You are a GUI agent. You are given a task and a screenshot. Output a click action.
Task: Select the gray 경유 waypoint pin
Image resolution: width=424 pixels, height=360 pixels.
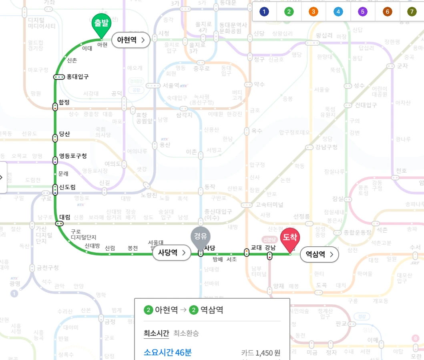pos(200,237)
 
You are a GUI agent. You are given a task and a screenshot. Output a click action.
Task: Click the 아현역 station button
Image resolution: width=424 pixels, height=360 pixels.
pos(131,40)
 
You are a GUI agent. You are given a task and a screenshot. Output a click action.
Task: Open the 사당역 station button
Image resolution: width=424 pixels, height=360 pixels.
pos(171,253)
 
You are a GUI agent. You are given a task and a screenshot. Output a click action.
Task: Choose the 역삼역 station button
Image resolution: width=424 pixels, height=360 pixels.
pos(319,253)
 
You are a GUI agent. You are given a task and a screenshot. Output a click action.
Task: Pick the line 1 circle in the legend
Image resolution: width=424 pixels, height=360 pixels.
pos(264,12)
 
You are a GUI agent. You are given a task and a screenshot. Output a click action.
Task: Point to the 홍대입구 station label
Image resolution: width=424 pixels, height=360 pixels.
pos(78,76)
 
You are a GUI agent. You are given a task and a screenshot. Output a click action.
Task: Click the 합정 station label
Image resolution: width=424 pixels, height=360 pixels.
pos(64,103)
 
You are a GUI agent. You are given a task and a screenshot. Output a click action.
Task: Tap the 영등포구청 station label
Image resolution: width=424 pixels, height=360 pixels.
pos(73,156)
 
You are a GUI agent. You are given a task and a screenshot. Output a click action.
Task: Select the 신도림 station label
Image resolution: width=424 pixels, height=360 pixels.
pos(67,187)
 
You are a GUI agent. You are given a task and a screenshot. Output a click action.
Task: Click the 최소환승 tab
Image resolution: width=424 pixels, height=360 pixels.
pos(186,333)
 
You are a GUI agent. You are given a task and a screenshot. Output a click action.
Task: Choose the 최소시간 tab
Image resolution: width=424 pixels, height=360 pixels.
pos(156,333)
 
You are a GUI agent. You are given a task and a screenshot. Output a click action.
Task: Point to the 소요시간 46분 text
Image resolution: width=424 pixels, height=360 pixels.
pos(168,352)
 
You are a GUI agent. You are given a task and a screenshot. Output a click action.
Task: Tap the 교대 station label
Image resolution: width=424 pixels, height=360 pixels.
pos(256,247)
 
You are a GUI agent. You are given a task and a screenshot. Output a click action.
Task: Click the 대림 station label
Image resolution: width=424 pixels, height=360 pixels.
pos(65,217)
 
